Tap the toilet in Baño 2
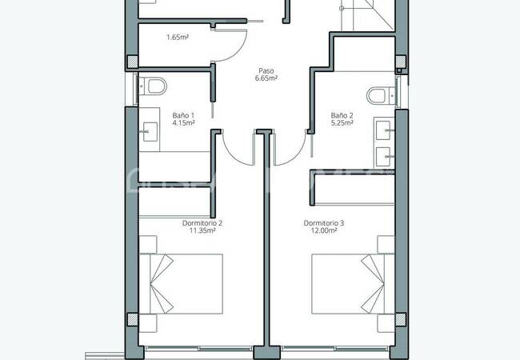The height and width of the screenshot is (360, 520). (x=378, y=96)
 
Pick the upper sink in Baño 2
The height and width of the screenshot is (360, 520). (x=385, y=128)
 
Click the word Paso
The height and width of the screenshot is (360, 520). (x=266, y=70)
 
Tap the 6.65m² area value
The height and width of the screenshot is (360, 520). (x=266, y=79)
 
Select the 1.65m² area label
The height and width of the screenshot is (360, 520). (x=177, y=37)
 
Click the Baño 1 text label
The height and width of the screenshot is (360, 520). (x=182, y=115)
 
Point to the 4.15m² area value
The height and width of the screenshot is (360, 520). (x=182, y=124)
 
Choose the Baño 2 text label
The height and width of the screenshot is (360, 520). (x=342, y=115)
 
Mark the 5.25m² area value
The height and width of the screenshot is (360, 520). (x=342, y=124)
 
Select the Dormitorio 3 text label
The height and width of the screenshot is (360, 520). (x=324, y=222)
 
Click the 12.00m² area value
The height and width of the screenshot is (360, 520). (x=324, y=231)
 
